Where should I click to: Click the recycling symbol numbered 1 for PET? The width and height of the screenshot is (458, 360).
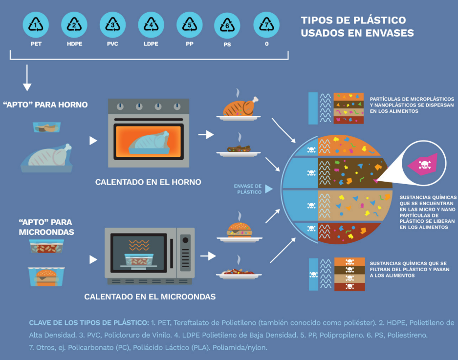(36, 24)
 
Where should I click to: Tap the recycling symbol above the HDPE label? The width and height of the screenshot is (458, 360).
(74, 24)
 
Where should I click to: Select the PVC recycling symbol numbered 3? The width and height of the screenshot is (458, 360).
(112, 24)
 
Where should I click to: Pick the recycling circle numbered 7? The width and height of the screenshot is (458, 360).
(266, 24)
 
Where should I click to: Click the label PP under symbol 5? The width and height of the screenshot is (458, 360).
(189, 44)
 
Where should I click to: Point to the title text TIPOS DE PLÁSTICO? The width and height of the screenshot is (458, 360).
(353, 21)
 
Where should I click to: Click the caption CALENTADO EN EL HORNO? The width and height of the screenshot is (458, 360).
(148, 182)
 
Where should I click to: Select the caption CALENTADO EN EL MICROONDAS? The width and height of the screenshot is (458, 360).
(150, 296)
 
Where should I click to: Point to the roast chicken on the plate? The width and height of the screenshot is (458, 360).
(240, 107)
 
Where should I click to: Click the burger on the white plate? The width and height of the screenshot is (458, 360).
(240, 230)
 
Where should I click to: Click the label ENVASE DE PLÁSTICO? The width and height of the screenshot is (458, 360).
(247, 189)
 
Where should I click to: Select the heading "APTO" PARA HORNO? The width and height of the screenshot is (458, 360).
(51, 105)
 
